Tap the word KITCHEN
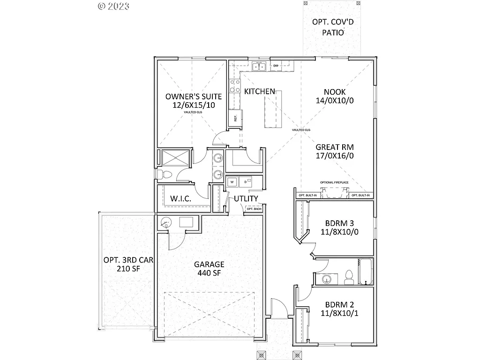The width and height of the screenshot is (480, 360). click(x=260, y=91)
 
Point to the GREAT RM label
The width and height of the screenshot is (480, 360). click(x=334, y=147)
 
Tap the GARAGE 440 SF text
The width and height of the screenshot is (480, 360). click(x=209, y=268)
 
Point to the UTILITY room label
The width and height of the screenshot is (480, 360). click(x=246, y=198)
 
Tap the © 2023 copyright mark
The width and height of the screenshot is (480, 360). click(x=113, y=6)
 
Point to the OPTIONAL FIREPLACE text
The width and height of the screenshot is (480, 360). click(x=333, y=182)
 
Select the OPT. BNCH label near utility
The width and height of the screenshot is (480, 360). click(x=255, y=209)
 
